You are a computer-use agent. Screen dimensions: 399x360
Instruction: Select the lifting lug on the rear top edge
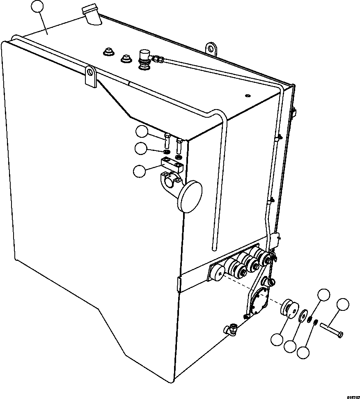[212, 48]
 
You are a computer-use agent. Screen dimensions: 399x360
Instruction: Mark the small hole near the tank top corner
[247, 96]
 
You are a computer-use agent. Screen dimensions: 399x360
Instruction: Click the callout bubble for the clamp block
[140, 171]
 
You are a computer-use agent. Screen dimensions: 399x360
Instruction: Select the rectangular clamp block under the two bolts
[173, 167]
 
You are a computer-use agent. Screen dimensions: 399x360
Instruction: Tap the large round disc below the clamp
[191, 196]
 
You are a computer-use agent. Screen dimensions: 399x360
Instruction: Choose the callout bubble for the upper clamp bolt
[142, 132]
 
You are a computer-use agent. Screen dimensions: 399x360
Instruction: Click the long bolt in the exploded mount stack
[332, 328]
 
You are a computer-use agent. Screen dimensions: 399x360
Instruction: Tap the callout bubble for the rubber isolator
[277, 340]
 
